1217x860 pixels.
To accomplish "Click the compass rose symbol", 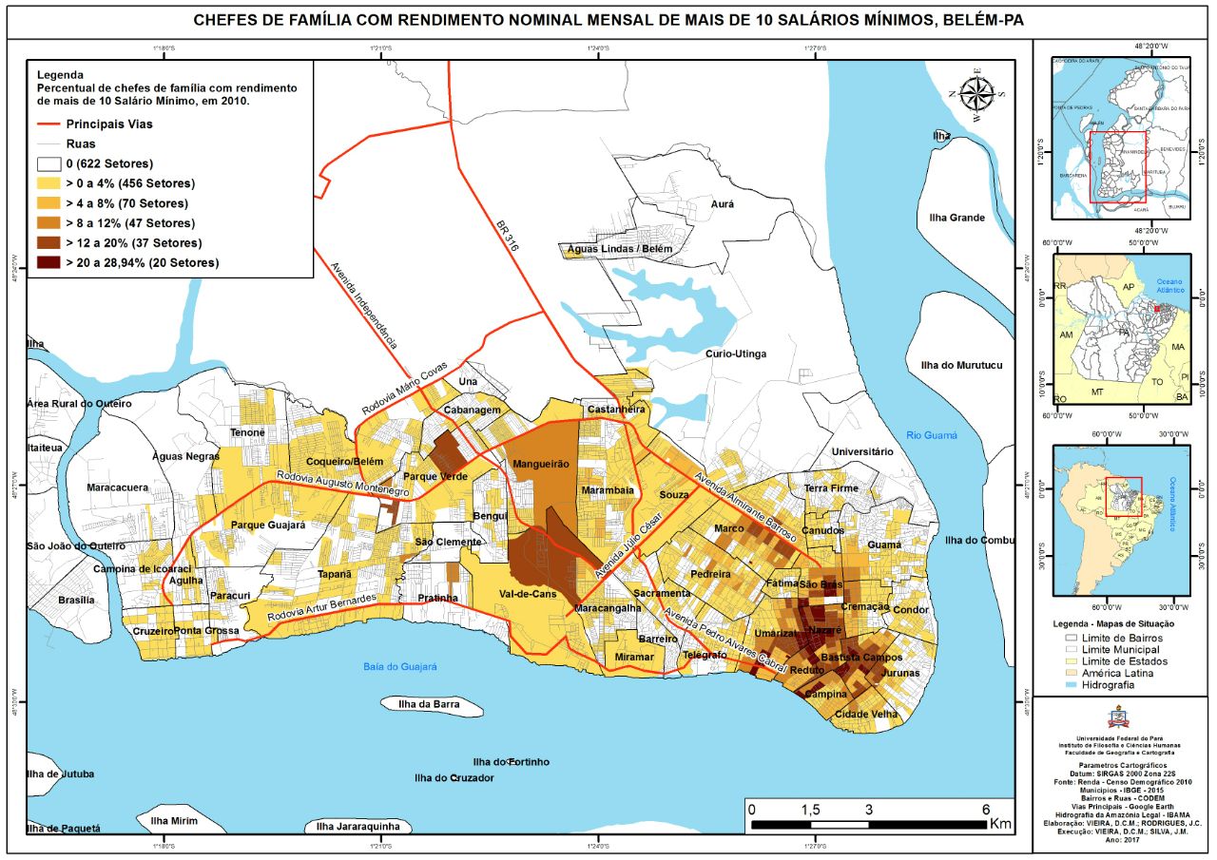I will tap(976, 95).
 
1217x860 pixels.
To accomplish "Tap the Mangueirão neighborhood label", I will tap(540, 465).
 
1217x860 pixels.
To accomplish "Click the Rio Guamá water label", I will tap(932, 435).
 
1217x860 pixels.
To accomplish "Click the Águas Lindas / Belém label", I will tap(619, 249).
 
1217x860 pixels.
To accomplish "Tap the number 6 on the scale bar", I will tap(986, 809).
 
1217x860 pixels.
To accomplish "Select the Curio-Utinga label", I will tap(735, 354).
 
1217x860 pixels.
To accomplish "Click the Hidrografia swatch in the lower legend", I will tap(1073, 684).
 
